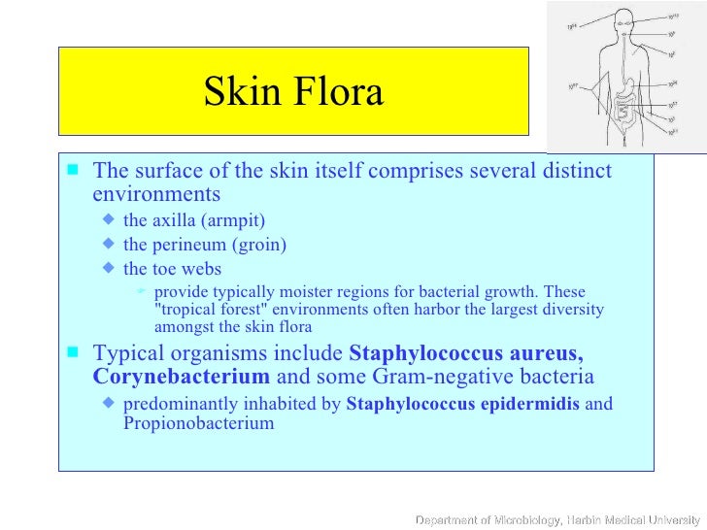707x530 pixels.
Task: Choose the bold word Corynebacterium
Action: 182,377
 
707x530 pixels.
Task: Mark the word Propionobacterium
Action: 198,423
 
